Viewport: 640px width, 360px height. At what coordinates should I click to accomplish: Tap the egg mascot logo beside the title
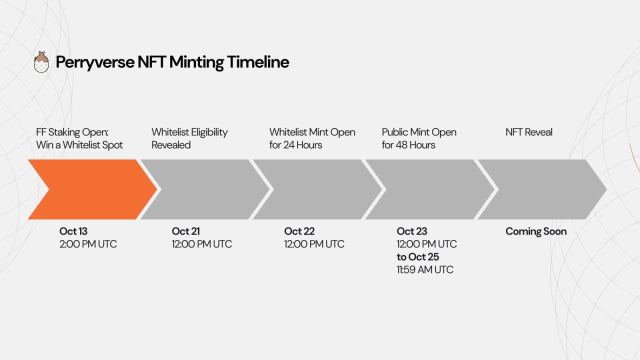[41, 62]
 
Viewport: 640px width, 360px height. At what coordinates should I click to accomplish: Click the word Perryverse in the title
[95, 62]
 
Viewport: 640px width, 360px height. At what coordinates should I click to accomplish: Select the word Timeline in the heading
[258, 61]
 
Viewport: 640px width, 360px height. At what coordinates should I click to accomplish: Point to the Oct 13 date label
[73, 231]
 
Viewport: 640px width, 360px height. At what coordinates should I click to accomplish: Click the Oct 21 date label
[185, 231]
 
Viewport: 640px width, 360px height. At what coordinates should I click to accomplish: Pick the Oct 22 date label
[299, 231]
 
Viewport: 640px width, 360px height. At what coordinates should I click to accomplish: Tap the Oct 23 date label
[412, 231]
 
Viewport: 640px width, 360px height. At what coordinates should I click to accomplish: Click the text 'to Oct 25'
[417, 257]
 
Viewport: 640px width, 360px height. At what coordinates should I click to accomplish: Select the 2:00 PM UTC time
[88, 244]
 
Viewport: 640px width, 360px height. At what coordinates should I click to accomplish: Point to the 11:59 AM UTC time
[425, 269]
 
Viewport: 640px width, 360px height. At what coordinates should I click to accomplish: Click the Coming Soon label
[536, 231]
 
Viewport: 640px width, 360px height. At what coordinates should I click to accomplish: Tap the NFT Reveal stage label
[529, 132]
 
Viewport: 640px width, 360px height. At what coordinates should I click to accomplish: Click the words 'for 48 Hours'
[408, 145]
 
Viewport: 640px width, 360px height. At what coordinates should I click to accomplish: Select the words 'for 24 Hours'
[295, 145]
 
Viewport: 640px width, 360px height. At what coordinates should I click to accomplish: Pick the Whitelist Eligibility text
[189, 132]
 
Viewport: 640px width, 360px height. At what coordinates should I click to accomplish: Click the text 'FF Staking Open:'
[72, 132]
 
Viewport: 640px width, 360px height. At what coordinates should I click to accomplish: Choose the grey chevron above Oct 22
[317, 189]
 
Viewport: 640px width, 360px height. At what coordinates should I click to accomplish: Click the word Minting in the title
[196, 62]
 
